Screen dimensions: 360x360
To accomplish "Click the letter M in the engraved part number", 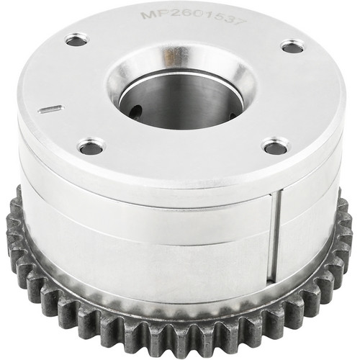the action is [x=149, y=16].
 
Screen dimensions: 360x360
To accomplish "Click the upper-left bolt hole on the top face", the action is [x=77, y=41].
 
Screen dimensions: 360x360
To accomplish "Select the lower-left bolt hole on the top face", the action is [x=91, y=147].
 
